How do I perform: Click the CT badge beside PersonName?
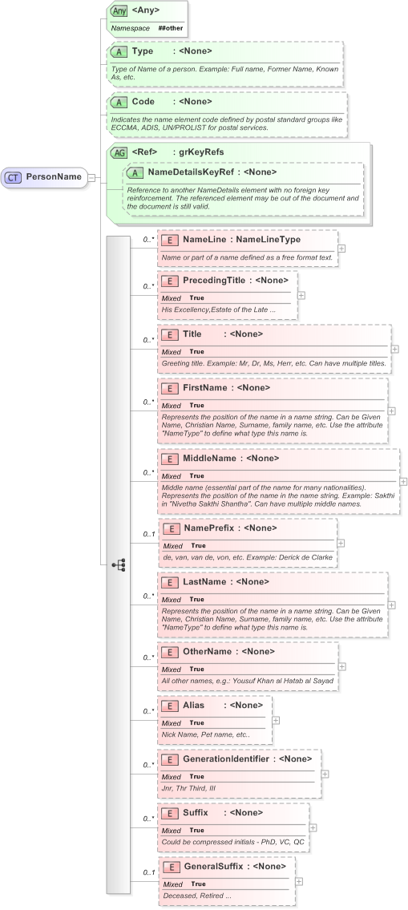14,176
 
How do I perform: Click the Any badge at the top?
119,11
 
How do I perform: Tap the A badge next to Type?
119,51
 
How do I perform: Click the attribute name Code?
143,102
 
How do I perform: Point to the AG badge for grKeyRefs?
119,152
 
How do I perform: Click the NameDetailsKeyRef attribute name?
192,172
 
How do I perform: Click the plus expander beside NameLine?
341,249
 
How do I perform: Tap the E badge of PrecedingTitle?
169,280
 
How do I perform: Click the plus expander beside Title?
394,350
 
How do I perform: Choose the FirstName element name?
204,387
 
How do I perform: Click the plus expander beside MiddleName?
403,481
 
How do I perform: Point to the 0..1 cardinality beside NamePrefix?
148,534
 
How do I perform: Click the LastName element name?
204,581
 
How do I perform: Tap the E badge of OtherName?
169,652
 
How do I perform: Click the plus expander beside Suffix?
313,827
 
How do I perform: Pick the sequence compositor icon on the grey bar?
119,565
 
